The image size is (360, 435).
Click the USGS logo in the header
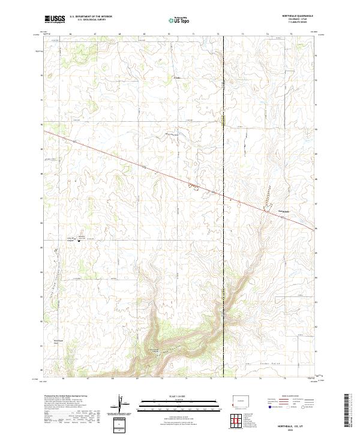pos(55,19)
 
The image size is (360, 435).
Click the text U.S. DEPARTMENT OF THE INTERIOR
pos(91,17)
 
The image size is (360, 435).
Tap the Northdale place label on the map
pos(283,211)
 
